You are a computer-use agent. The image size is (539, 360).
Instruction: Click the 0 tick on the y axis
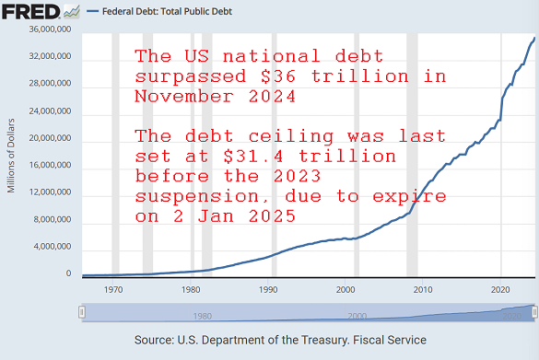click(x=68, y=273)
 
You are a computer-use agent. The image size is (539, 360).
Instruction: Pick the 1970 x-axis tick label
click(x=113, y=289)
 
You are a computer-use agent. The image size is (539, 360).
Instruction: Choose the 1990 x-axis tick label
click(x=268, y=289)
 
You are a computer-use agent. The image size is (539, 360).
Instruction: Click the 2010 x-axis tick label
click(x=423, y=289)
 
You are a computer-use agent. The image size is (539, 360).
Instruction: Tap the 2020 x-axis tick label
click(x=500, y=289)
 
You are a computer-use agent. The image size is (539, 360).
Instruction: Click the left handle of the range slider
click(x=82, y=313)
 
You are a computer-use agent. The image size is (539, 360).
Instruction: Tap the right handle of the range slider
click(x=535, y=313)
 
